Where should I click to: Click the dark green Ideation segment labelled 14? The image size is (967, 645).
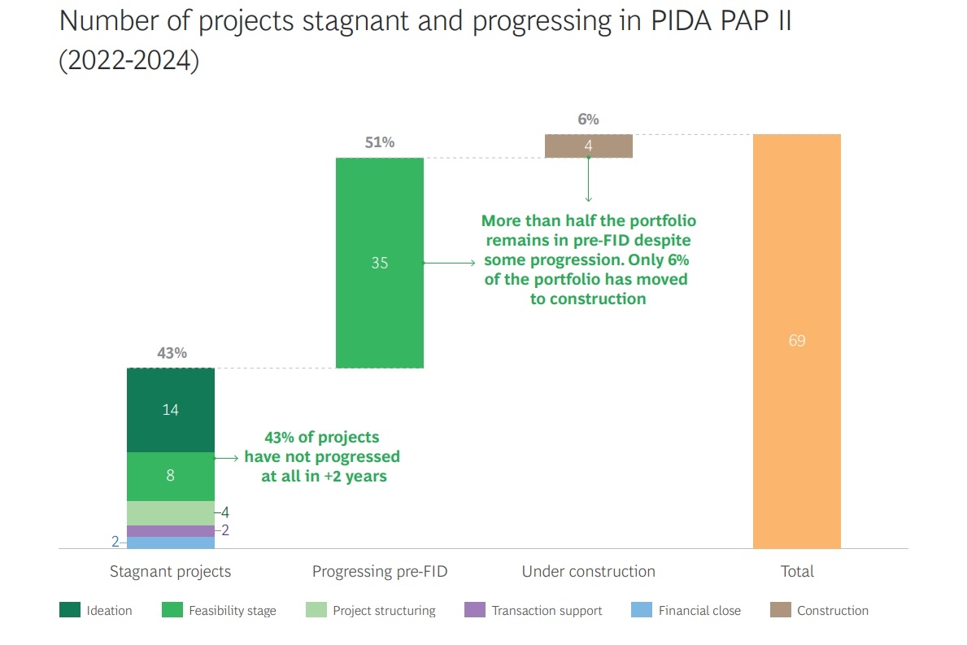pos(170,410)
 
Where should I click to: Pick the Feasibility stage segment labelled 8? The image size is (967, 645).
pos(170,476)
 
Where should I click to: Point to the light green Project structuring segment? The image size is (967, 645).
pos(170,512)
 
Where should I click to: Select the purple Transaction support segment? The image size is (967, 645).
pos(170,530)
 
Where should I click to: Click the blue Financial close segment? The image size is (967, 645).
pos(170,543)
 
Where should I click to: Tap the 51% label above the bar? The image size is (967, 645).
pos(380,143)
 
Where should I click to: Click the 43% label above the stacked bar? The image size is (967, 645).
pos(172,353)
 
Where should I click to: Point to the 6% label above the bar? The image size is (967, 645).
pos(588,120)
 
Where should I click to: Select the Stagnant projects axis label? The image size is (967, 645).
pos(170,572)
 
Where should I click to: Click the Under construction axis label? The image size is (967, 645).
pos(588,572)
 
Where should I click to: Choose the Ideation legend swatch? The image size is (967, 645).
pos(70,610)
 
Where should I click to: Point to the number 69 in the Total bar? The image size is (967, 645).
pos(796,341)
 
